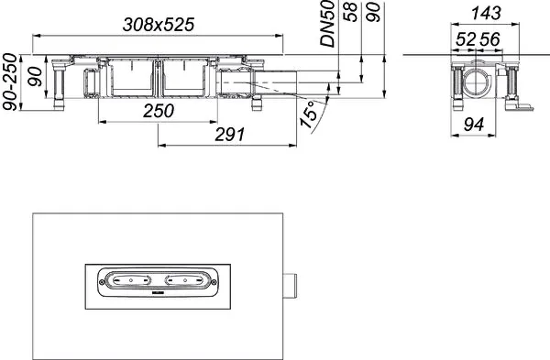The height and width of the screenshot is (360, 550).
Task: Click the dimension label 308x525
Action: click(x=159, y=25)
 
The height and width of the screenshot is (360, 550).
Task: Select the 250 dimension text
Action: click(x=159, y=111)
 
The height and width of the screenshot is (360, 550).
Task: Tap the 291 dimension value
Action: click(x=230, y=135)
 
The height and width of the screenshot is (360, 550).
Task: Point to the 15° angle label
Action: click(x=309, y=115)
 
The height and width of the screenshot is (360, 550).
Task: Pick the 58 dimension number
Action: click(x=350, y=12)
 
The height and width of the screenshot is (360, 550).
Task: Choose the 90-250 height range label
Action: click(x=9, y=82)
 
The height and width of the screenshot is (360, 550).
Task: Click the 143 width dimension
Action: click(x=486, y=14)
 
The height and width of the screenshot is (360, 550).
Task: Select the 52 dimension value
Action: click(x=466, y=39)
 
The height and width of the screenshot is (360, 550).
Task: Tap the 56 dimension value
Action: click(x=489, y=39)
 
